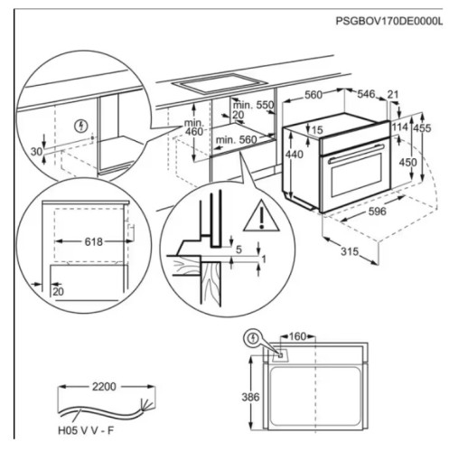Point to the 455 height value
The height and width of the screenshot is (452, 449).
tap(421, 128)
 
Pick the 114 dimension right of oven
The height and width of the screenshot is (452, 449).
tap(398, 128)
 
